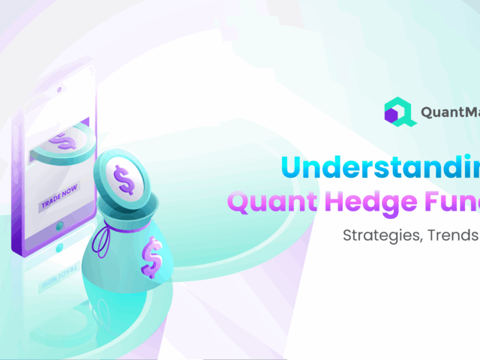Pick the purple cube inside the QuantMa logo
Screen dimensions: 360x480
(x=391, y=115)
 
